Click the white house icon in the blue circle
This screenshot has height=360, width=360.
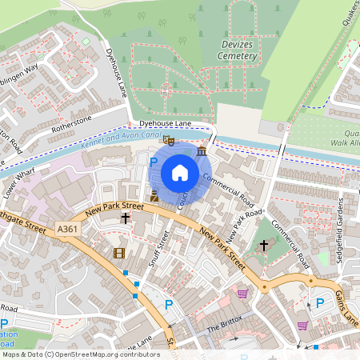180,172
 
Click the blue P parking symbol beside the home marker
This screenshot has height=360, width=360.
154,162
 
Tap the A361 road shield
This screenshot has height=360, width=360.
68,230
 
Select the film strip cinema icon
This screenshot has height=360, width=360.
119,254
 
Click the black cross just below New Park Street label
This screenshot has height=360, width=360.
125,217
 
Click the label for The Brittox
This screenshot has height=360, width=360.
223,329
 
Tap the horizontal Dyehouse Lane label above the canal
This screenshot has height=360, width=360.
166,123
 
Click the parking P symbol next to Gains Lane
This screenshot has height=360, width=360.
319,302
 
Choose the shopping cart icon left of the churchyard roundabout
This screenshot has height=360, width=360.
242,294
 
